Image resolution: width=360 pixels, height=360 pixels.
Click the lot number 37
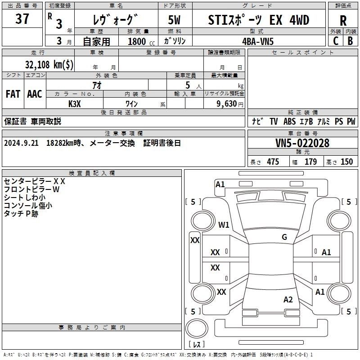[22, 18]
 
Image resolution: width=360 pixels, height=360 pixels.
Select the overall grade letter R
[343, 21]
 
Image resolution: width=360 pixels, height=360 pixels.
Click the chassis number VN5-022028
[302, 143]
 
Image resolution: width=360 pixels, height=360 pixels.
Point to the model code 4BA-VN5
[258, 41]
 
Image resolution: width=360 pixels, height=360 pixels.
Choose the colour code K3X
[75, 104]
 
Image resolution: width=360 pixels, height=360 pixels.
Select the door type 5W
[174, 20]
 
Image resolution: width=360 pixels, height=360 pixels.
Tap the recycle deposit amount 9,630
[227, 104]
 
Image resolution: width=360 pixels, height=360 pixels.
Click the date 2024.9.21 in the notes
[21, 143]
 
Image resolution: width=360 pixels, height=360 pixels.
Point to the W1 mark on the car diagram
[224, 225]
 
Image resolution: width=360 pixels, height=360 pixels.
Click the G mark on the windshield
[284, 237]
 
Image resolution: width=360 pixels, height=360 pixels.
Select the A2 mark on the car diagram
[288, 300]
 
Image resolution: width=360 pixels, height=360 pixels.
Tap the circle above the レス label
[197, 328]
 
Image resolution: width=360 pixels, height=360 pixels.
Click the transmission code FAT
[13, 94]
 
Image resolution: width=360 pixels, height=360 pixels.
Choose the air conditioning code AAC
[35, 94]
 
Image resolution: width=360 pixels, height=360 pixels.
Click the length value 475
[273, 162]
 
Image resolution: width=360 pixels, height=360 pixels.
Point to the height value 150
[346, 162]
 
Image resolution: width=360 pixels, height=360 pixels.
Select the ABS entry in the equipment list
[289, 121]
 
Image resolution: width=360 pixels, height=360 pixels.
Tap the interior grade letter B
[350, 41]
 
